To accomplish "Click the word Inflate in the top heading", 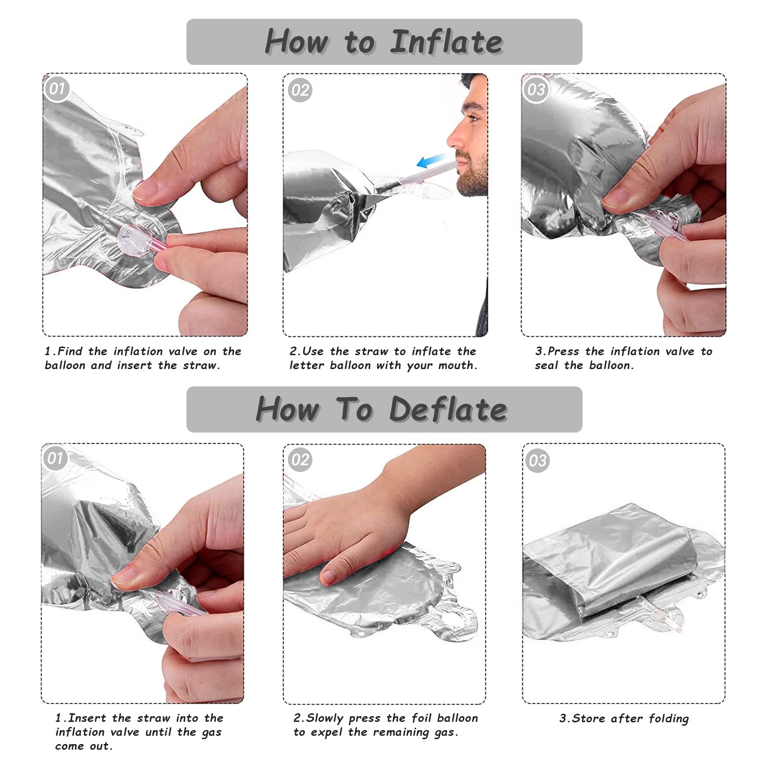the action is (x=446, y=42).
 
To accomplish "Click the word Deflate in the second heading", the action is (x=448, y=409).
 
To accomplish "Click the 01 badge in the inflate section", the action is (x=57, y=89).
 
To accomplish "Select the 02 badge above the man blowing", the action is (x=300, y=90).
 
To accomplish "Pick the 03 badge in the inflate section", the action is (x=536, y=89).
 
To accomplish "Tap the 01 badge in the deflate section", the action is (x=55, y=458).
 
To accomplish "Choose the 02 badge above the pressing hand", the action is (x=300, y=459).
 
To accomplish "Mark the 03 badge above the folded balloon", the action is (x=537, y=460).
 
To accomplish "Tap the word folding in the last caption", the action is (x=669, y=719).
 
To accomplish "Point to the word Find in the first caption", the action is (x=70, y=351).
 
